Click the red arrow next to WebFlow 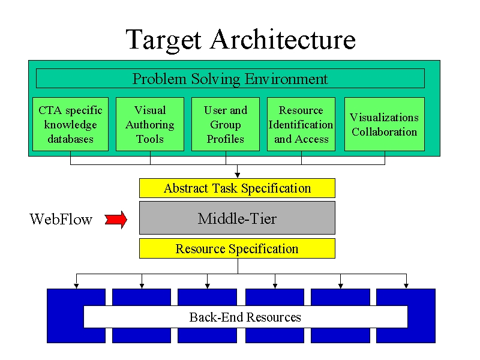click(x=116, y=220)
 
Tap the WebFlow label click(x=61, y=219)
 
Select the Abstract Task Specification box click(x=237, y=188)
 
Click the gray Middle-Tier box click(x=237, y=218)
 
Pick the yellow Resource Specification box click(x=237, y=248)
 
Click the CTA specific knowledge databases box click(x=70, y=124)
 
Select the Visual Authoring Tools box click(x=150, y=124)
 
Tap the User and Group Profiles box click(x=226, y=124)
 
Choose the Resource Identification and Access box click(x=301, y=124)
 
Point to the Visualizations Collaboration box click(x=385, y=124)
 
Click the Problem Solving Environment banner click(x=230, y=79)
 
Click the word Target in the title click(x=164, y=40)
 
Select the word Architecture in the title click(x=283, y=39)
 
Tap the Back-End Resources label click(x=245, y=317)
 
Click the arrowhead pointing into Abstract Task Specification click(x=237, y=175)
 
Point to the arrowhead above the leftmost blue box click(x=76, y=286)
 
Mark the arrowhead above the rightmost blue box click(x=406, y=286)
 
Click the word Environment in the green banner click(x=286, y=79)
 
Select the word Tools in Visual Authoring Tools click(x=150, y=139)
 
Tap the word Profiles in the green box click(x=226, y=139)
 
